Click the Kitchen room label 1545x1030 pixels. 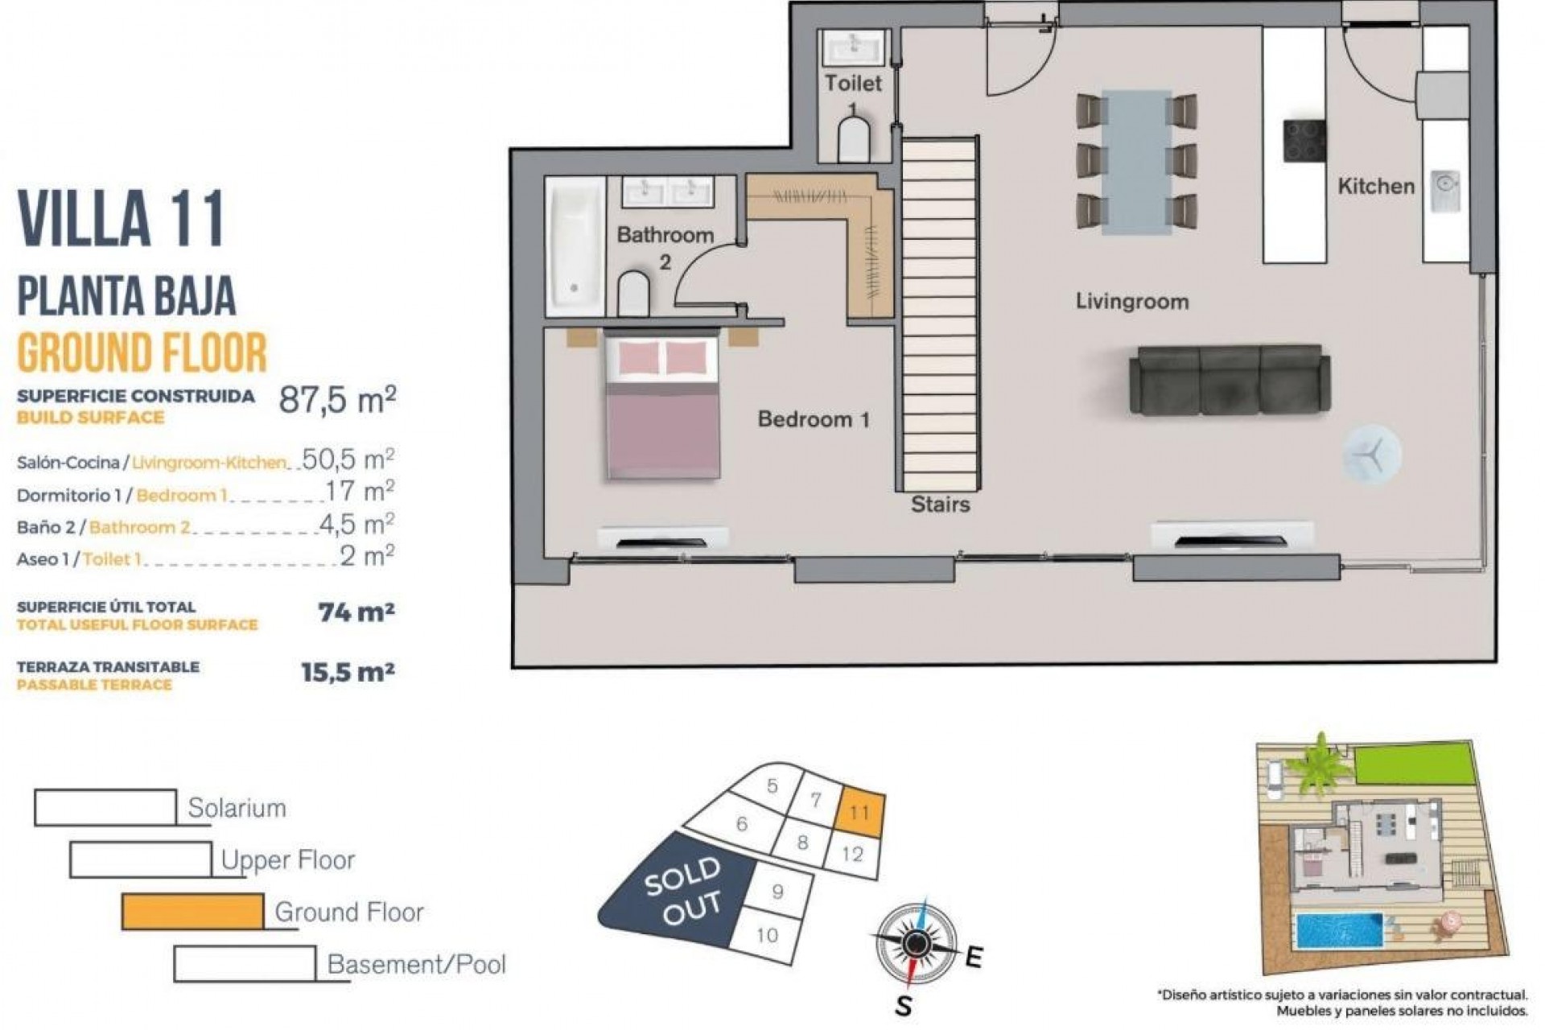click(x=1375, y=187)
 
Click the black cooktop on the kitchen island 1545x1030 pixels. click(x=1304, y=142)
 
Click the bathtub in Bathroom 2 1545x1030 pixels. click(x=575, y=245)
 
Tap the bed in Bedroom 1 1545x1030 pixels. click(x=662, y=408)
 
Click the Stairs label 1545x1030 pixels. click(x=940, y=505)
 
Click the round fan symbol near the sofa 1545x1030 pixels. click(x=1371, y=455)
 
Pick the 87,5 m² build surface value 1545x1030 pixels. click(x=337, y=399)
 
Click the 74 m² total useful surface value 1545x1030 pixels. click(x=356, y=613)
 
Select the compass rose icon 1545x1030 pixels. click(x=915, y=943)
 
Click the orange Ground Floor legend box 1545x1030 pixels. click(x=192, y=912)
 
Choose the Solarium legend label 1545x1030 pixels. click(x=237, y=808)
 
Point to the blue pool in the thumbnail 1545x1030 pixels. click(x=1338, y=930)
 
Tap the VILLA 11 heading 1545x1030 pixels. click(x=121, y=220)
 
